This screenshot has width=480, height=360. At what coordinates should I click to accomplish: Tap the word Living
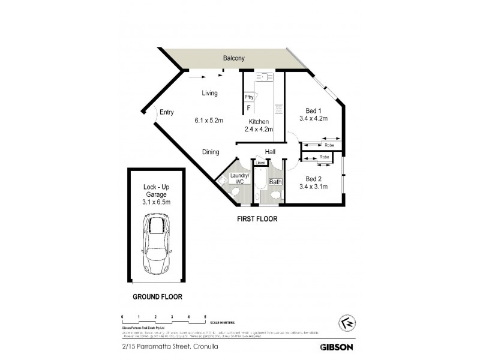[209, 93]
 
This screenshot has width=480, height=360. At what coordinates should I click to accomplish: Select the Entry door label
[167, 112]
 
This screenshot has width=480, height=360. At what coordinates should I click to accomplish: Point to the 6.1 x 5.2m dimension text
[209, 121]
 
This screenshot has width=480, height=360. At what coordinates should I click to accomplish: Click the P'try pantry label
[248, 97]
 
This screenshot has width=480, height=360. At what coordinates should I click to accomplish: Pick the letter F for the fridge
[248, 108]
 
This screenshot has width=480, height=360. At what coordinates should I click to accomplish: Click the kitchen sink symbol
[263, 79]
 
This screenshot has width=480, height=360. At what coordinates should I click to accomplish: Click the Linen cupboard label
[260, 163]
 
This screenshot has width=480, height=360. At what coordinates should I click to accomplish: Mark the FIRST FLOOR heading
[256, 220]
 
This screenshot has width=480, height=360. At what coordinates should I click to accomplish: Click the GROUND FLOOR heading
[157, 296]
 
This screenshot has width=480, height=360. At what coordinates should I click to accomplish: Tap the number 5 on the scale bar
[205, 316]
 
